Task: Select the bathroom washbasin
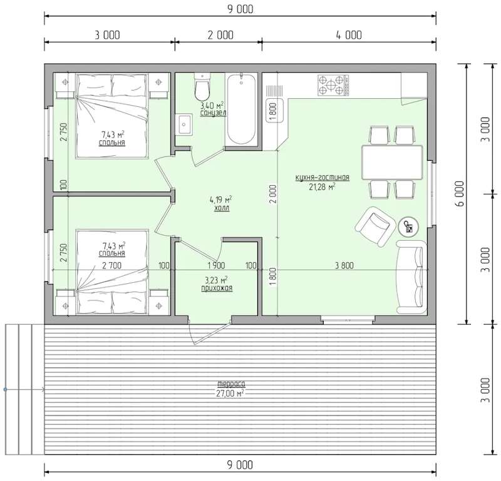[183, 124]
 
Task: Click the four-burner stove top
[333, 85]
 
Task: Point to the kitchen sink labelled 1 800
[274, 110]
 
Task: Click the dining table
[392, 163]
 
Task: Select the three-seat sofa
[411, 277]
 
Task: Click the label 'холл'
[222, 208]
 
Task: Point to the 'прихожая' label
[217, 288]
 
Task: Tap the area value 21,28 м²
[322, 187]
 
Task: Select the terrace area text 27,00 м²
[230, 393]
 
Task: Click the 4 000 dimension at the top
[349, 35]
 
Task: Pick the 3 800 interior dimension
[344, 265]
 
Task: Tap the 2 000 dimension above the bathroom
[220, 35]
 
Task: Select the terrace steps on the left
[24, 389]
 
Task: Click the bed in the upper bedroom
[112, 116]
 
